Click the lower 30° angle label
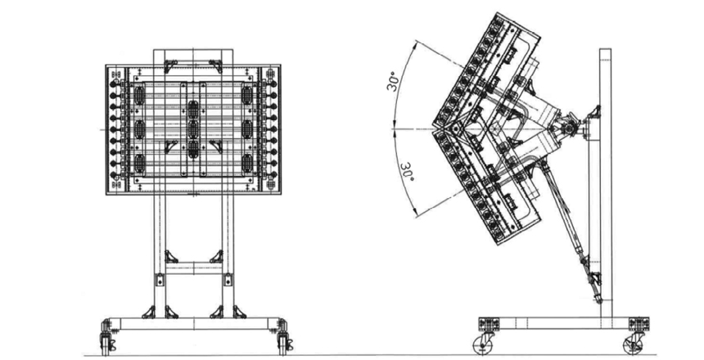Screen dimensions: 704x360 406,173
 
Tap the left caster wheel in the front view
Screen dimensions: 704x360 107,343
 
